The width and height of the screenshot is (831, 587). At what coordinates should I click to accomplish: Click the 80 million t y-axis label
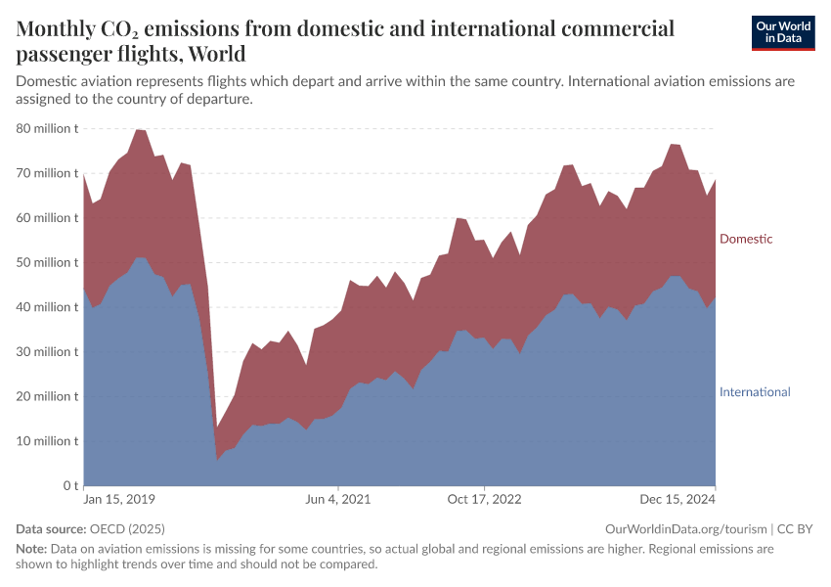47,128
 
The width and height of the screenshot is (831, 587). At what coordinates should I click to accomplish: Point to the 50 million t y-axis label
47,262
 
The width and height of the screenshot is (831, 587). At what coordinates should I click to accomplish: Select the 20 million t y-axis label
47,396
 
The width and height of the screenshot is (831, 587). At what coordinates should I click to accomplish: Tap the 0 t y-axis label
70,485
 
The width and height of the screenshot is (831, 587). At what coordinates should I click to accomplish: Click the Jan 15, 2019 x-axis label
119,499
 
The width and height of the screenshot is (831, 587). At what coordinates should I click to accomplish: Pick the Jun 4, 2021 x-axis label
338,499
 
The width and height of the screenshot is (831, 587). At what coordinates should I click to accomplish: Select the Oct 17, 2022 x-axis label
485,499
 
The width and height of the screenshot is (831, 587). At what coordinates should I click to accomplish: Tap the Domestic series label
746,239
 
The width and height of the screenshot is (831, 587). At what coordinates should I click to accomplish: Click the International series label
755,391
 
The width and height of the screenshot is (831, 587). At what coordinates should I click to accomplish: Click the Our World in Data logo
783,32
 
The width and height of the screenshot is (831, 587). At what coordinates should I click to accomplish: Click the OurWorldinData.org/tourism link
686,528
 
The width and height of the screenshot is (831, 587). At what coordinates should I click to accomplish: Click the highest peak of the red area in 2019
139,129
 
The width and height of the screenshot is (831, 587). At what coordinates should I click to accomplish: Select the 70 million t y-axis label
47,173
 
